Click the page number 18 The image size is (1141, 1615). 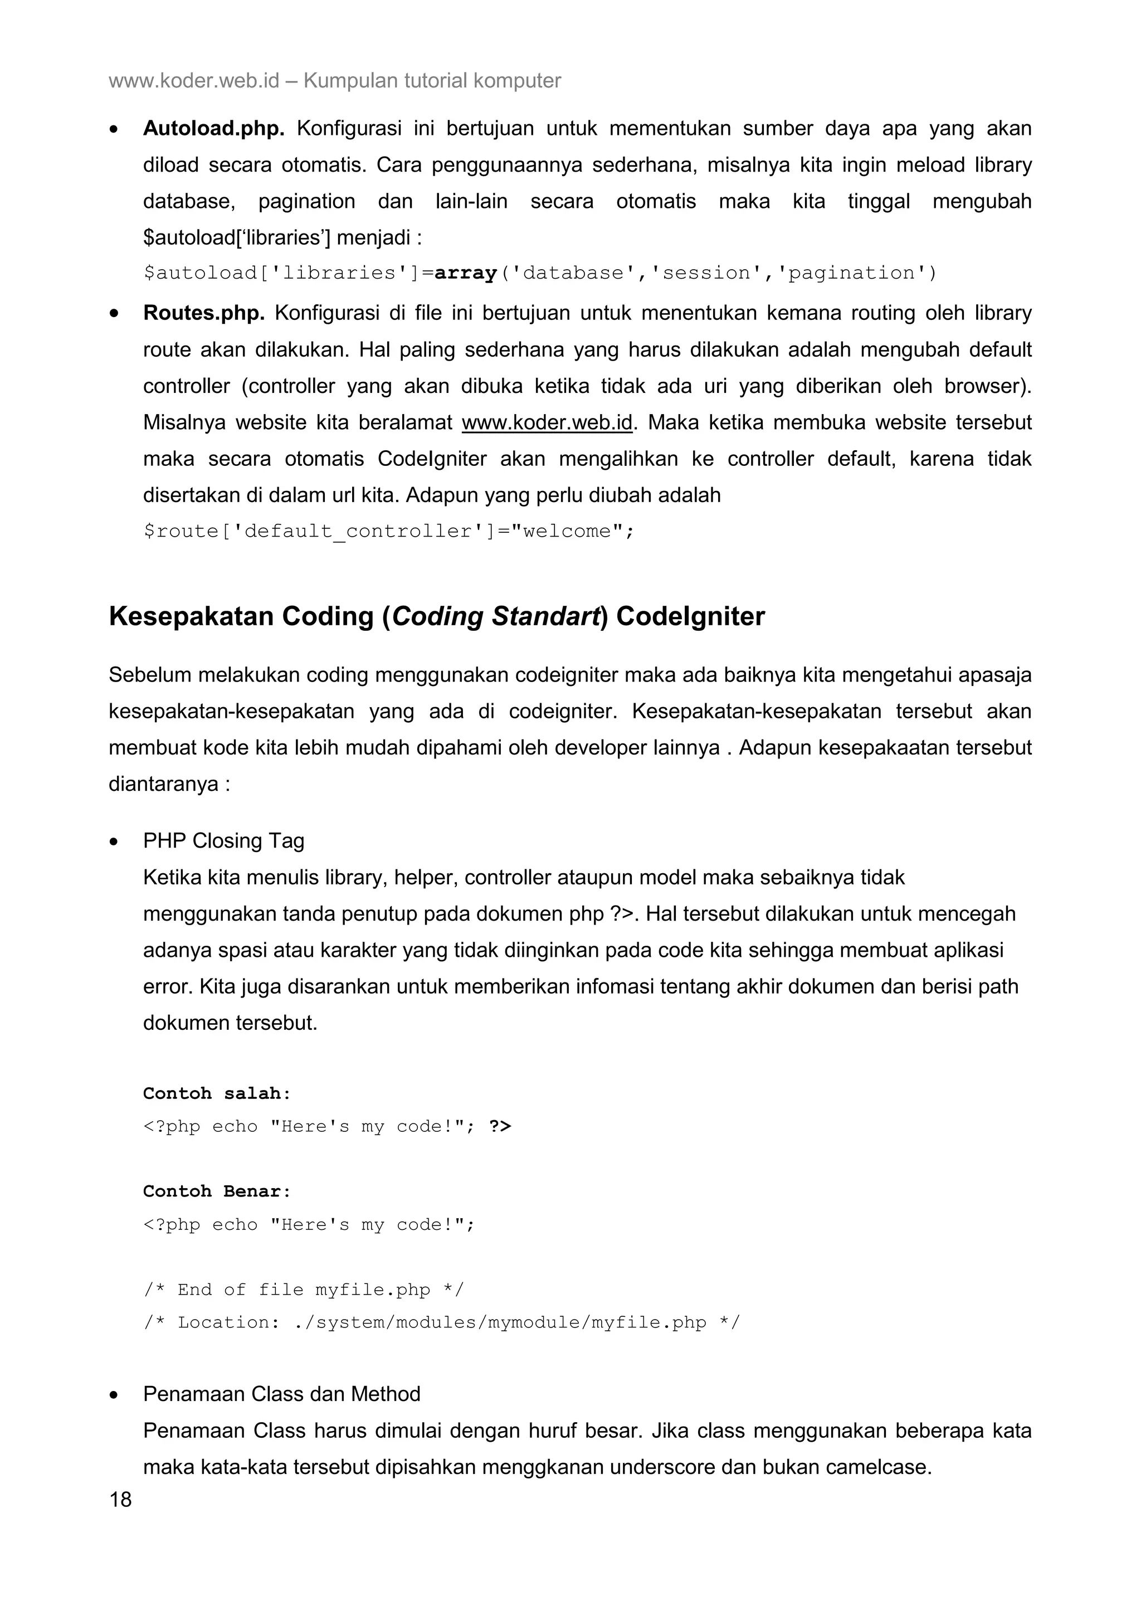(120, 1500)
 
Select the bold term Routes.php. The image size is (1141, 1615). (204, 313)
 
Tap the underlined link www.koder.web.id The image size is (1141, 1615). (547, 423)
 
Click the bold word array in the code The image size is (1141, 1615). (465, 273)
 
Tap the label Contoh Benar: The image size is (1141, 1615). (217, 1191)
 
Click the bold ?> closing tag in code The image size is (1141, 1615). (500, 1126)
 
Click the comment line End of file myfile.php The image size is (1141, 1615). (304, 1290)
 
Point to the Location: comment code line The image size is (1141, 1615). (441, 1322)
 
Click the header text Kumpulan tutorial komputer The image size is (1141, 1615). (432, 81)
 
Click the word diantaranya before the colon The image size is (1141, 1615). (163, 784)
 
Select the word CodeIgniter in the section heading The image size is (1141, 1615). (690, 616)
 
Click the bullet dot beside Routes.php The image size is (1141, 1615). (114, 314)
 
